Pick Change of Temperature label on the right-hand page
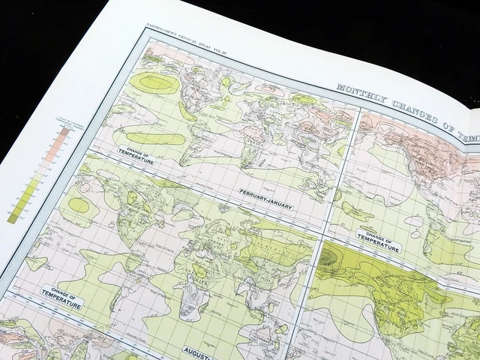click(x=377, y=241)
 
